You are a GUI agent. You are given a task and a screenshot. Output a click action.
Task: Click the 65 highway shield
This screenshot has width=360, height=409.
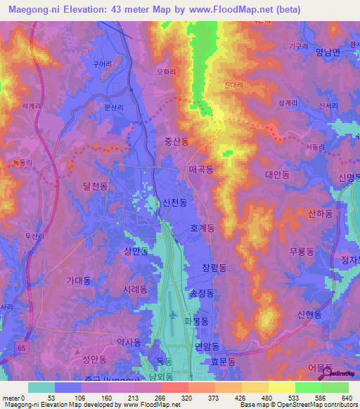(x=23, y=347)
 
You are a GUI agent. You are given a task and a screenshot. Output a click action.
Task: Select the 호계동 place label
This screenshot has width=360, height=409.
(x=202, y=228)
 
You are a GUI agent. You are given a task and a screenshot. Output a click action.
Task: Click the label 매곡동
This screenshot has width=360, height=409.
(x=201, y=170)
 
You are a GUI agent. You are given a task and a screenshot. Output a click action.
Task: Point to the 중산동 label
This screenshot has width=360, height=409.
(x=176, y=141)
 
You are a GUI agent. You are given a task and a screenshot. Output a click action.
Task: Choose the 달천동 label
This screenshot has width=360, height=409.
(x=95, y=186)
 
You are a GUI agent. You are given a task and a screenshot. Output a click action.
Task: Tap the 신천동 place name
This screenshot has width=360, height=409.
(x=175, y=202)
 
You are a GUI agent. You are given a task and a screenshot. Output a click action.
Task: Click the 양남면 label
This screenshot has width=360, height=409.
(x=328, y=52)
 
